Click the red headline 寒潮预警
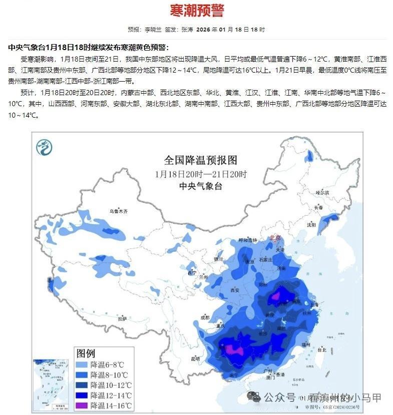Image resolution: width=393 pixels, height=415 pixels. (x=197, y=11)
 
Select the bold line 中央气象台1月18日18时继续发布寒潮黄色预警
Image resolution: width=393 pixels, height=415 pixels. (x=89, y=48)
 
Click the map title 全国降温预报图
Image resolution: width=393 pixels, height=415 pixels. (x=200, y=160)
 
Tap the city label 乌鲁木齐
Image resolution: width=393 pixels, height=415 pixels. (x=119, y=212)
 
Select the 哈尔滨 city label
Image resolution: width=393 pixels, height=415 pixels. (x=322, y=192)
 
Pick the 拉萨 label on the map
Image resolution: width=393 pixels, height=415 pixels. (x=122, y=318)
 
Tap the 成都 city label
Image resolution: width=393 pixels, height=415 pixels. (x=204, y=317)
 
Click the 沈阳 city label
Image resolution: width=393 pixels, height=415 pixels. (x=311, y=225)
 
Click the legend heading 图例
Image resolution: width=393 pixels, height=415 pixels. (x=85, y=353)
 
